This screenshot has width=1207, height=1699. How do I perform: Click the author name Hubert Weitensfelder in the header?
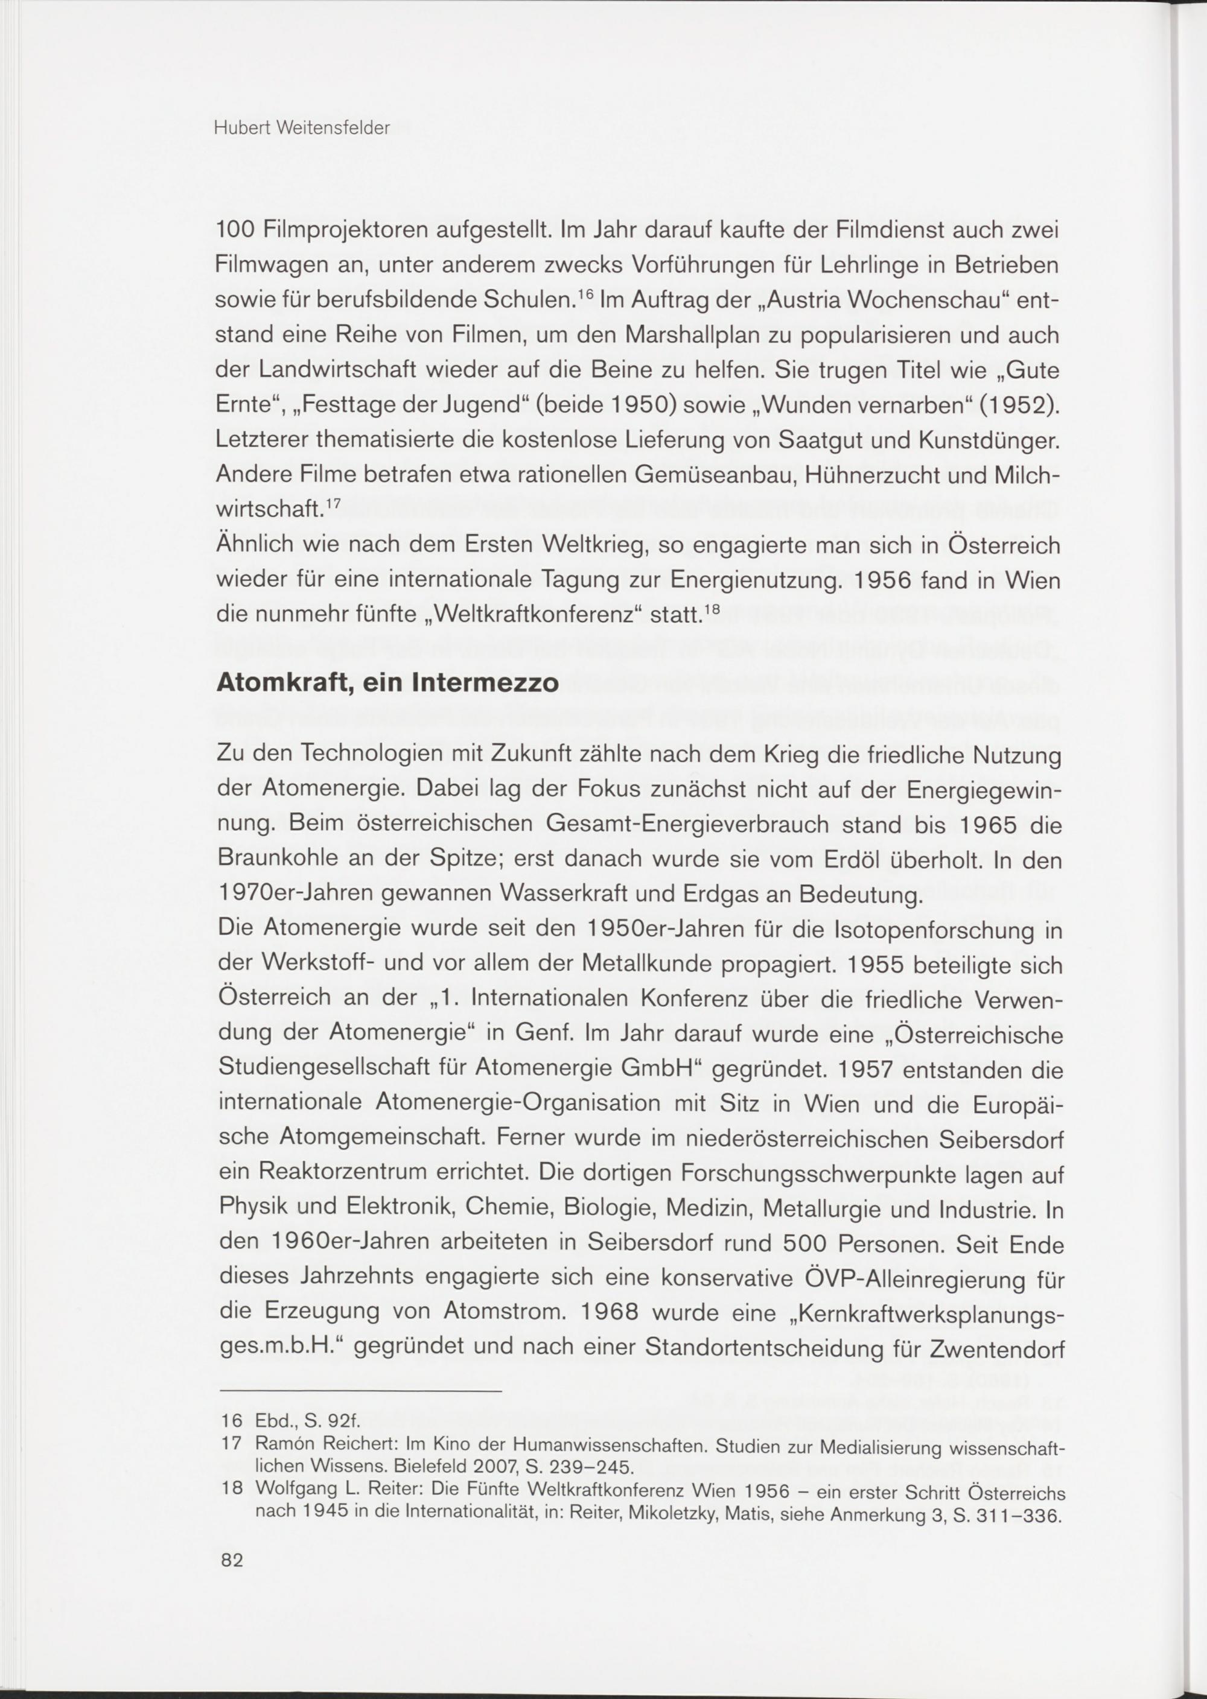(x=302, y=129)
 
